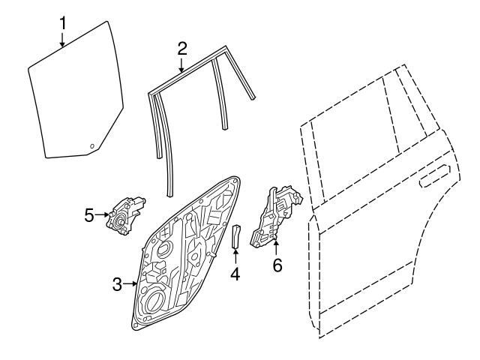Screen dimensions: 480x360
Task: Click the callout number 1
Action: click(63, 23)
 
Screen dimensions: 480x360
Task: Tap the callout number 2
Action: click(182, 49)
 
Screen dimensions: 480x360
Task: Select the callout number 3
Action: click(117, 285)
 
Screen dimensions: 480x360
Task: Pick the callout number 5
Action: click(89, 215)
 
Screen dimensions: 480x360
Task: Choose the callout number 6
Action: click(277, 265)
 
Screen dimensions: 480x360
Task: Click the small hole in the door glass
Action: click(91, 145)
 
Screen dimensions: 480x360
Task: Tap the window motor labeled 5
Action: click(125, 216)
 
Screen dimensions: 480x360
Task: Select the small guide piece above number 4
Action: click(236, 235)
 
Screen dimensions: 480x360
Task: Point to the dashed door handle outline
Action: click(435, 175)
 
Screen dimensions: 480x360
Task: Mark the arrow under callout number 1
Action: click(62, 39)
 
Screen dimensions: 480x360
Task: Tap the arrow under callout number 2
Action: click(181, 64)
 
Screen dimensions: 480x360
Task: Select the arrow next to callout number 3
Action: click(130, 284)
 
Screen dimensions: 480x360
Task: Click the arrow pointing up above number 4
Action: click(235, 256)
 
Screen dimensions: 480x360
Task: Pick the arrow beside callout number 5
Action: click(103, 215)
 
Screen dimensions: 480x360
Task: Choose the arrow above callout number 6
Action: click(276, 248)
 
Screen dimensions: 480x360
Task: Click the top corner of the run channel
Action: click(226, 46)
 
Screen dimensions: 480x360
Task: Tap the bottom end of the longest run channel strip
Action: click(170, 195)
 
